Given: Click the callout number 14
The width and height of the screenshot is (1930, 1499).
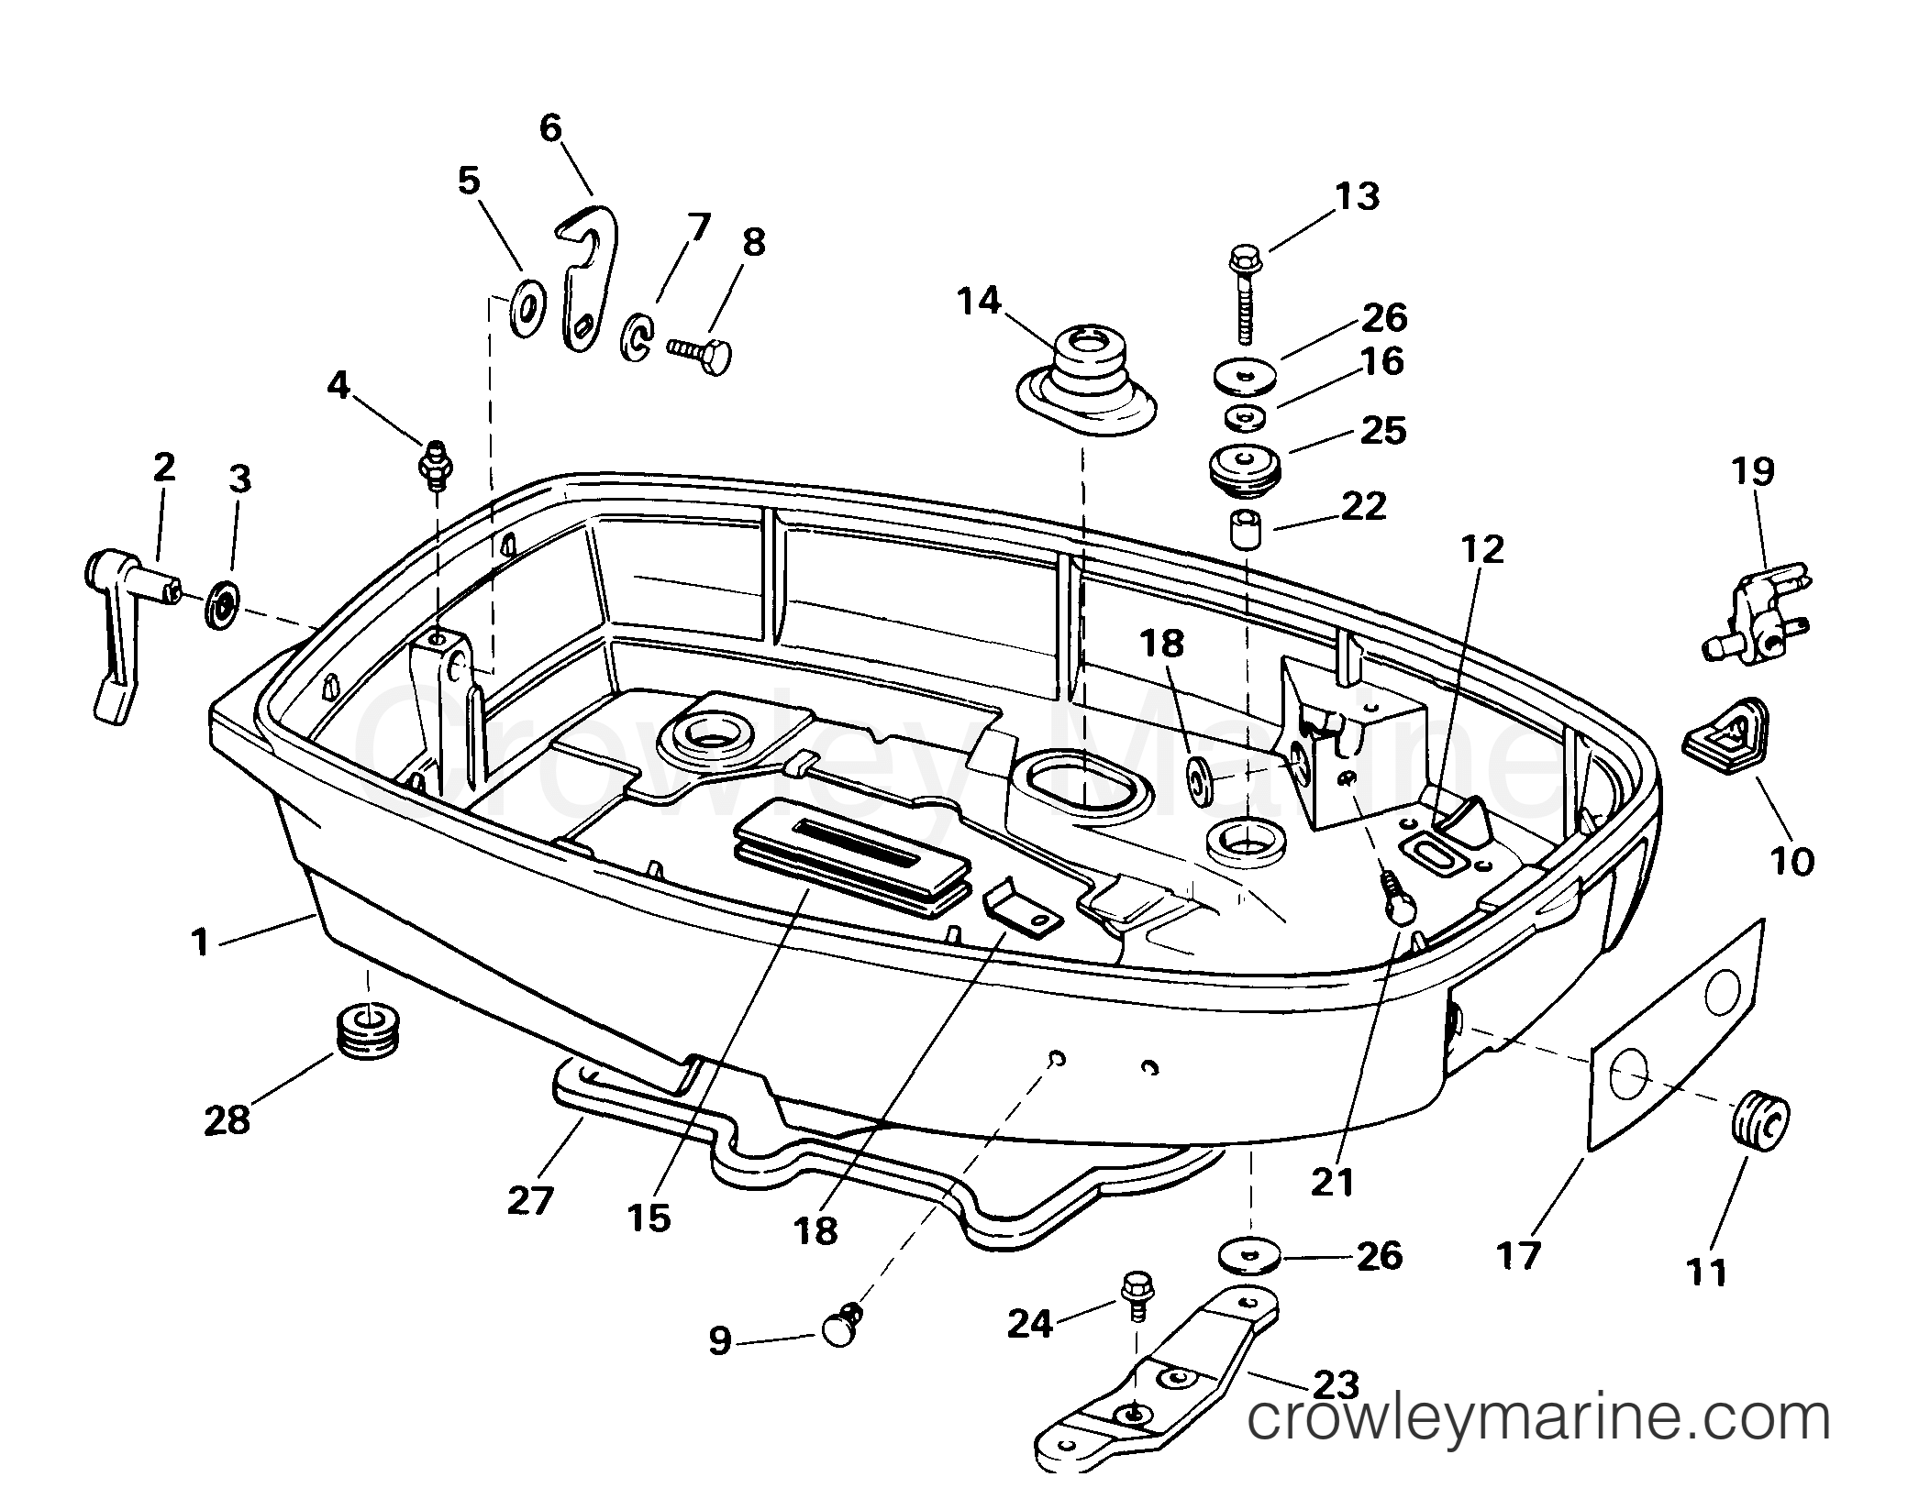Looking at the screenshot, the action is click(980, 302).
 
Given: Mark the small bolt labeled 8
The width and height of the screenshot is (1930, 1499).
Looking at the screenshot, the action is click(700, 354).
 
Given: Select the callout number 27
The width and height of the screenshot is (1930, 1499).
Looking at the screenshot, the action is click(531, 1200).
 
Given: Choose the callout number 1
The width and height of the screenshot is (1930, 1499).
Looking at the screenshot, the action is click(200, 943).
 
